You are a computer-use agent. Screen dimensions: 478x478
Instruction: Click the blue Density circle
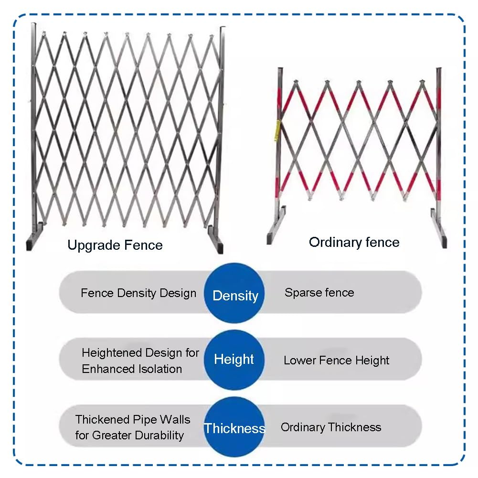coord(234,293)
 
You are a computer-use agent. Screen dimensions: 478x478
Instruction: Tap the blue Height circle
coord(234,360)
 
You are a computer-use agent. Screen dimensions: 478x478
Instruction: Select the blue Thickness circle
coord(234,427)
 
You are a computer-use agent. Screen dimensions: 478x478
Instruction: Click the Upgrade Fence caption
coord(115,245)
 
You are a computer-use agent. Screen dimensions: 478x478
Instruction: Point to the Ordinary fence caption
coord(354,243)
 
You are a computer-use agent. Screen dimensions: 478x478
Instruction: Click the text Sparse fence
coord(319,293)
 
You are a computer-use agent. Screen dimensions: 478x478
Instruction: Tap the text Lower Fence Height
coord(336,361)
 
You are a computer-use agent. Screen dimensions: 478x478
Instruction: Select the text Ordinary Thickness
coord(331,427)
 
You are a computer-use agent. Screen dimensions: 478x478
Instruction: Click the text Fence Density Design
coord(138,293)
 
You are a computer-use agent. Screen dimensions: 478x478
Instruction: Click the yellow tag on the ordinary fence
coord(278,130)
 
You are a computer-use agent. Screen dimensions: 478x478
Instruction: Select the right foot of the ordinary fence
coord(439,228)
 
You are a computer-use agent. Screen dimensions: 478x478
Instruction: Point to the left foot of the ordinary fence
coord(276,226)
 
